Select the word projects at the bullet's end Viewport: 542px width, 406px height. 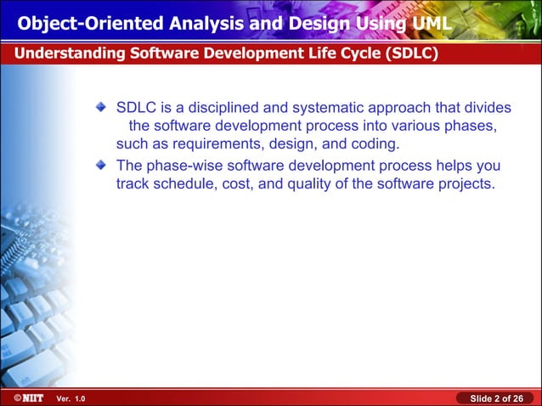464,183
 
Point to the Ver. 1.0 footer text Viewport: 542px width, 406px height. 70,398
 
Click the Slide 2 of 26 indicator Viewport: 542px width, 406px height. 496,398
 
